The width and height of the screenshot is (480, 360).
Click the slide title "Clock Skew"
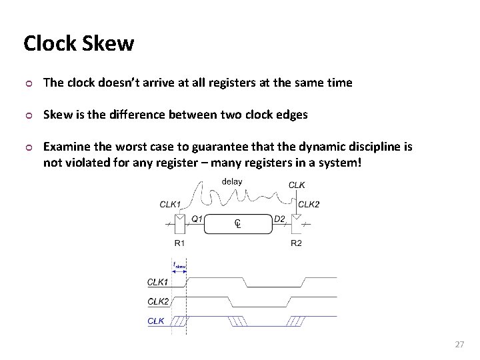click(79, 44)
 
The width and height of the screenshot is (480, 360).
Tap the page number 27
click(458, 344)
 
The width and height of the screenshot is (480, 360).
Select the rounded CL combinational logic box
click(237, 223)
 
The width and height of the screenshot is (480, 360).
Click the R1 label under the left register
click(179, 243)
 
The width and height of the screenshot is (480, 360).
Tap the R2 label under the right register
click(296, 243)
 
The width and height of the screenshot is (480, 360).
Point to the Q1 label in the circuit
click(197, 217)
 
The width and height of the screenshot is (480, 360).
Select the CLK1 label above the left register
click(170, 204)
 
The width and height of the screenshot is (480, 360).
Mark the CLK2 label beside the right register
click(309, 204)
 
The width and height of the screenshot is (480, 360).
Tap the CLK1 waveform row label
click(158, 282)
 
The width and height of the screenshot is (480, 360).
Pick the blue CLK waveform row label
click(155, 321)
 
